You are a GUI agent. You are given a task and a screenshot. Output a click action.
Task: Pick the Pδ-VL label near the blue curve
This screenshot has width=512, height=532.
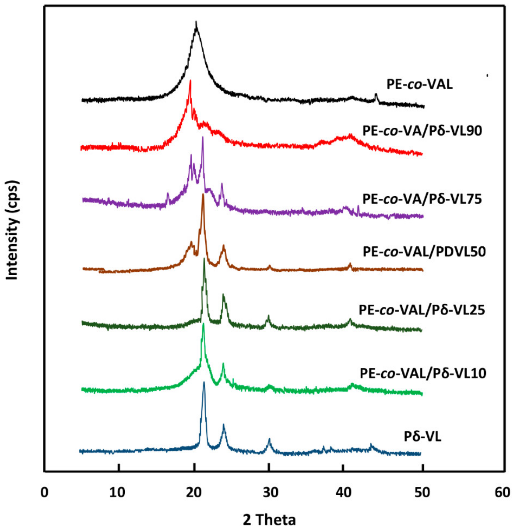(x=423, y=437)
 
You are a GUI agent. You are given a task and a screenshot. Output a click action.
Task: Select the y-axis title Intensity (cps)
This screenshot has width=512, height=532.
(x=13, y=230)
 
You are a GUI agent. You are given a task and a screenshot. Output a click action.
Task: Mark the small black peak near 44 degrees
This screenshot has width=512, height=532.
(x=376, y=94)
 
